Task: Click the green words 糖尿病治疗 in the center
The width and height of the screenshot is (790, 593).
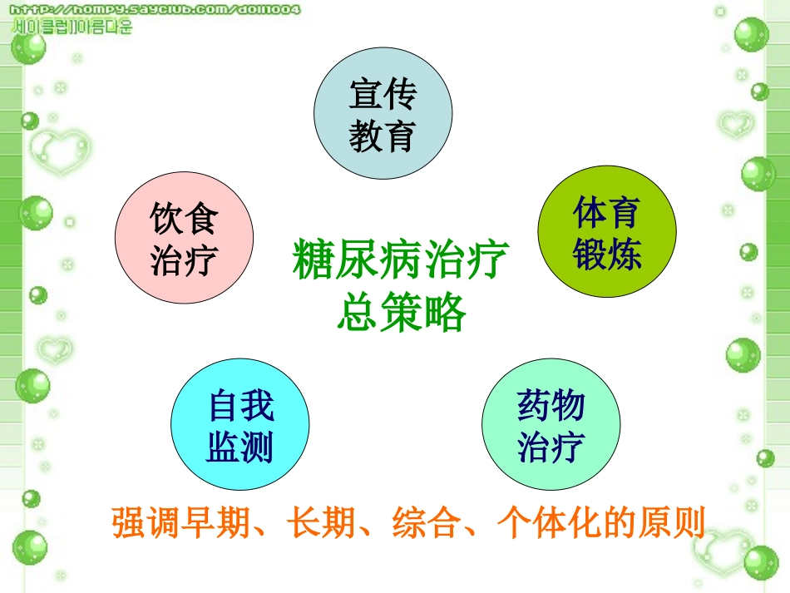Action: pos(400,259)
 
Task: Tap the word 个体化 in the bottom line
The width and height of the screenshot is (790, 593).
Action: pos(545,523)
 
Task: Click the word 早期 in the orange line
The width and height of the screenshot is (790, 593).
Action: pos(219,523)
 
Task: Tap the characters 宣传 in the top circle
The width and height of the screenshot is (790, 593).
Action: pos(383,95)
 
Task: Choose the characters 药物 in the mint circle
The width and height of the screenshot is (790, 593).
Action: pos(551,407)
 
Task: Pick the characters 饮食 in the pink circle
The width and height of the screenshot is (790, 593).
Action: pos(184,220)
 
